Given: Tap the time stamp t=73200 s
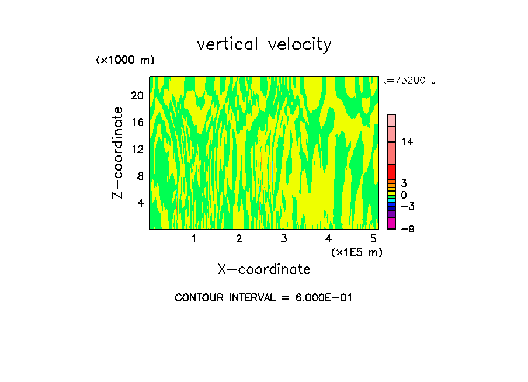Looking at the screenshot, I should pyautogui.click(x=409, y=81).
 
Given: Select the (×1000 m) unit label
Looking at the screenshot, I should pyautogui.click(x=125, y=60).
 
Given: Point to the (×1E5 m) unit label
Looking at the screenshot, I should pyautogui.click(x=356, y=252).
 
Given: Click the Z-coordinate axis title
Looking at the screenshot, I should pyautogui.click(x=118, y=152).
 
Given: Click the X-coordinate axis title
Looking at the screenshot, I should pyautogui.click(x=264, y=269).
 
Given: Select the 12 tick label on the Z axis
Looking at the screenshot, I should pyautogui.click(x=137, y=149).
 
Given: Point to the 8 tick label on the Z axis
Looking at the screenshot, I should pyautogui.click(x=140, y=176).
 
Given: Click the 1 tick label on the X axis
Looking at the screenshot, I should pyautogui.click(x=194, y=239).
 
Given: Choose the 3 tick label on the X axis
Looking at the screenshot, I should pyautogui.click(x=283, y=239).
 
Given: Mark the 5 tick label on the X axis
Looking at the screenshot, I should pyautogui.click(x=373, y=239).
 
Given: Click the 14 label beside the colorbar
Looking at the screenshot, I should pyautogui.click(x=407, y=142).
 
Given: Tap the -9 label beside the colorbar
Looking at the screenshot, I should pyautogui.click(x=407, y=228).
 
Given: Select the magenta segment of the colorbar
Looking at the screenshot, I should pyautogui.click(x=391, y=224).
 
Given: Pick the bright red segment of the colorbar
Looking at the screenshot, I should pyautogui.click(x=391, y=172).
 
